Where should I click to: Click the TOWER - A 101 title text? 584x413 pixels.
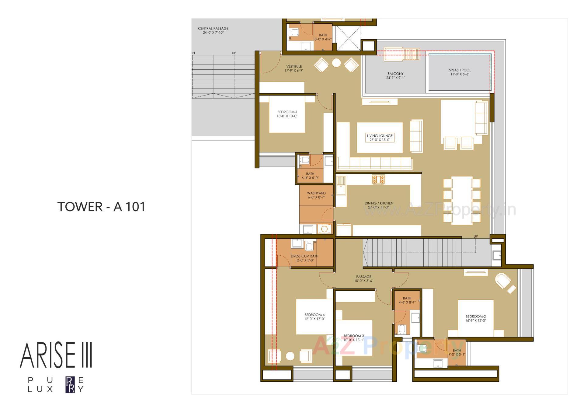pyautogui.click(x=101, y=207)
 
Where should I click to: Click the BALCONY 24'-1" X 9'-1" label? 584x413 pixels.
pyautogui.click(x=395, y=75)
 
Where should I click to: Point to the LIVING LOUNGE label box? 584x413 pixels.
pyautogui.click(x=380, y=138)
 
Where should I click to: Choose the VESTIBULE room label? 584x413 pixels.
pyautogui.click(x=294, y=68)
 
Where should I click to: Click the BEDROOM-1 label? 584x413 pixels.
pyautogui.click(x=287, y=114)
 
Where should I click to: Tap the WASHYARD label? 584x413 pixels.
pyautogui.click(x=316, y=195)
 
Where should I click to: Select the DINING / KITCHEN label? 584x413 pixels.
pyautogui.click(x=379, y=205)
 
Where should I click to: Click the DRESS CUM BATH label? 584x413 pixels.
pyautogui.click(x=304, y=258)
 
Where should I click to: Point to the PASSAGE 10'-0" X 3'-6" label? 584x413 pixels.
pyautogui.click(x=363, y=279)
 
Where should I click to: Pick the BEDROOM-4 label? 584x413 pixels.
pyautogui.click(x=315, y=317)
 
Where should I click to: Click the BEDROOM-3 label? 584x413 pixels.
pyautogui.click(x=354, y=338)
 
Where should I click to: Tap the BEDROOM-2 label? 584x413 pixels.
pyautogui.click(x=475, y=318)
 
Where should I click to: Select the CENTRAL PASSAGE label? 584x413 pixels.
pyautogui.click(x=213, y=30)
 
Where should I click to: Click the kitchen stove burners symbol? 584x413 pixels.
pyautogui.click(x=378, y=179)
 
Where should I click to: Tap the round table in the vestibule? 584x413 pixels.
pyautogui.click(x=336, y=63)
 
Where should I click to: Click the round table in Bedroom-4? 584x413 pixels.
pyautogui.click(x=290, y=356)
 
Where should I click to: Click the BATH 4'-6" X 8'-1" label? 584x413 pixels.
pyautogui.click(x=407, y=300)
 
